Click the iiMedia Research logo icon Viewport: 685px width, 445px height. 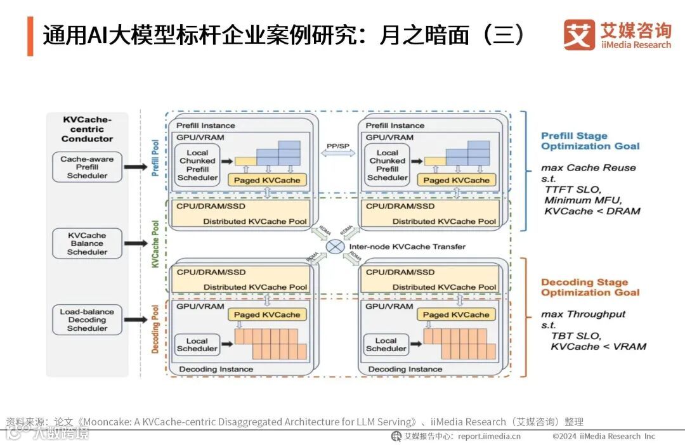click(x=579, y=35)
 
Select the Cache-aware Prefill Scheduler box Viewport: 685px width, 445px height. click(x=87, y=167)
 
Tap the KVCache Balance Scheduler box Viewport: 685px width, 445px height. click(x=87, y=243)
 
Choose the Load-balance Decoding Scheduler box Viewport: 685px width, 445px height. click(x=87, y=320)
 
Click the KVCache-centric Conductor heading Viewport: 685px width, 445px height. click(x=87, y=129)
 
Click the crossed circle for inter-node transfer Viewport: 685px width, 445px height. click(x=336, y=247)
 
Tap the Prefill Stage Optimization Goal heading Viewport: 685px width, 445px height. click(x=590, y=141)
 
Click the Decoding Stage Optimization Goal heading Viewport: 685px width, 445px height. click(x=590, y=287)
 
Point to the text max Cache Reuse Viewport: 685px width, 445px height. click(x=588, y=168)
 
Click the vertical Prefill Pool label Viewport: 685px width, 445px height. click(x=155, y=158)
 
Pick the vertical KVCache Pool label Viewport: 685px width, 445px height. click(x=155, y=244)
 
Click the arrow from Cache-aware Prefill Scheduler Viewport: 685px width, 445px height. click(x=135, y=167)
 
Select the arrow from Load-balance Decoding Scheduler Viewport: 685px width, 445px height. click(x=135, y=319)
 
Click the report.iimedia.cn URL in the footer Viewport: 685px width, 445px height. click(x=489, y=436)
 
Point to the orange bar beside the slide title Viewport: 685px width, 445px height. click(x=30, y=36)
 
